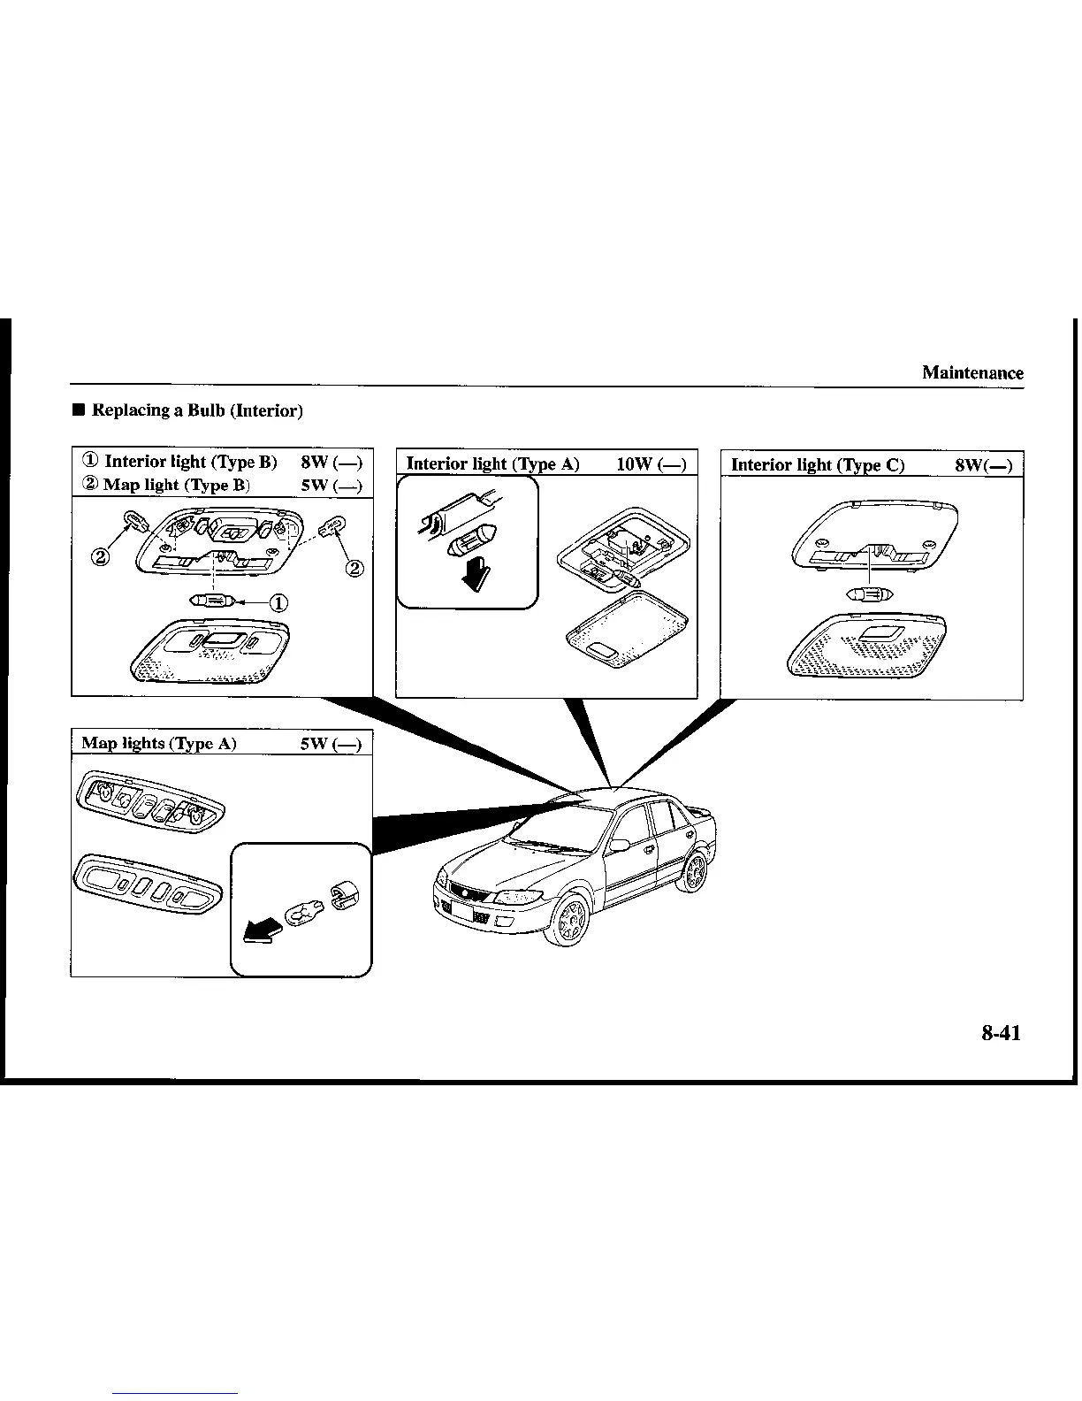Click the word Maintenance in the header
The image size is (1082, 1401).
972,372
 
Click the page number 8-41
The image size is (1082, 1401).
1000,1032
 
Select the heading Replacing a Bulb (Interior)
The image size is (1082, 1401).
198,410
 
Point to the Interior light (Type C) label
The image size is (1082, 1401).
818,465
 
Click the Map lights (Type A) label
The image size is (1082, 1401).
159,743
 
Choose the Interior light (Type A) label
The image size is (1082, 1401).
492,463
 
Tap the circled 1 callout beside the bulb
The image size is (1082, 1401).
278,603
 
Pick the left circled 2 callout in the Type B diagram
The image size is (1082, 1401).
100,558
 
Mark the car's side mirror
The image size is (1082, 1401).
620,845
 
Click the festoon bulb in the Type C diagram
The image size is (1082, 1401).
870,593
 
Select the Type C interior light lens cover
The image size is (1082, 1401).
866,646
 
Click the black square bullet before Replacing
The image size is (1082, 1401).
79,410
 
